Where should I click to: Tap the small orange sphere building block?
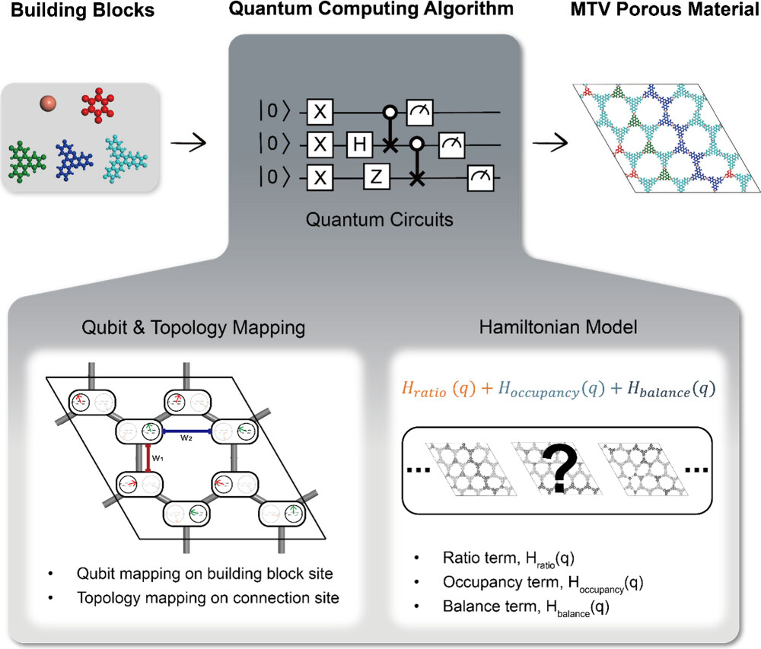tap(49, 103)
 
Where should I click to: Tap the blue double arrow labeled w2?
tap(186, 430)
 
